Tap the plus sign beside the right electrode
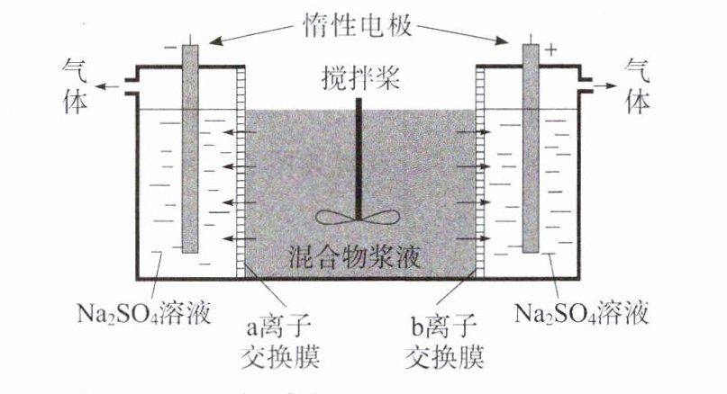[x=551, y=49]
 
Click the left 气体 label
[x=77, y=85]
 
